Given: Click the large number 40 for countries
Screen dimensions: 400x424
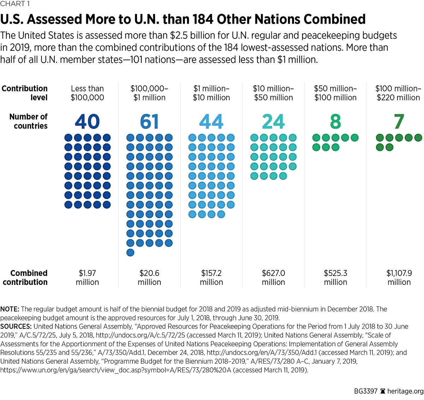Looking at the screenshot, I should pos(87,122).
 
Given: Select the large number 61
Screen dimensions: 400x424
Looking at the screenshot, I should pos(149,122).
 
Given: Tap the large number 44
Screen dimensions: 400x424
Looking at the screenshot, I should pos(211,122).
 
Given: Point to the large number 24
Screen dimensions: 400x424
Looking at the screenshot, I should pos(273,122).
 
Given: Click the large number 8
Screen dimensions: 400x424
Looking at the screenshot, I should pos(335,122).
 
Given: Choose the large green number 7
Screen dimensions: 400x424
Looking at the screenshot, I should pos(399,122).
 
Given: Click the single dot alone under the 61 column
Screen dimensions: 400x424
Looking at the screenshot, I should pos(130,252).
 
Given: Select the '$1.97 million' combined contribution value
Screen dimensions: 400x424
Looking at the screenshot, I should pos(87,278).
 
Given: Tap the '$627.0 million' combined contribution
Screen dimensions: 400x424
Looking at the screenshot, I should pos(273,278).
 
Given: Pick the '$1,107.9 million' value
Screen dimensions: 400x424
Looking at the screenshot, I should pos(399,278).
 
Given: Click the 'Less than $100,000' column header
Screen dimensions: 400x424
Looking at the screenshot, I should pos(87,93).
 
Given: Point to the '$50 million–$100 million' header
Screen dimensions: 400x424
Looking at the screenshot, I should pos(335,93).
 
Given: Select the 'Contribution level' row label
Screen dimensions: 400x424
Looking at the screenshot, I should pos(25,93).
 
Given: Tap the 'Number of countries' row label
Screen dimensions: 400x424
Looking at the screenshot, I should pos(29,121).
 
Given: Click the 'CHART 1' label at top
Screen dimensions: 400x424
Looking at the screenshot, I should pos(15,4).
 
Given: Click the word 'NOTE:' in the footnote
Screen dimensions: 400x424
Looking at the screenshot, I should pos(10,309).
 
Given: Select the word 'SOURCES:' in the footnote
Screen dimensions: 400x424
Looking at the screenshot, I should pos(16,327).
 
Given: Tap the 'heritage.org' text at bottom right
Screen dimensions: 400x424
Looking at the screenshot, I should pos(405,391).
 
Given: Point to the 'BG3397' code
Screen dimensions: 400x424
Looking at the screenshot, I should pos(366,391).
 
